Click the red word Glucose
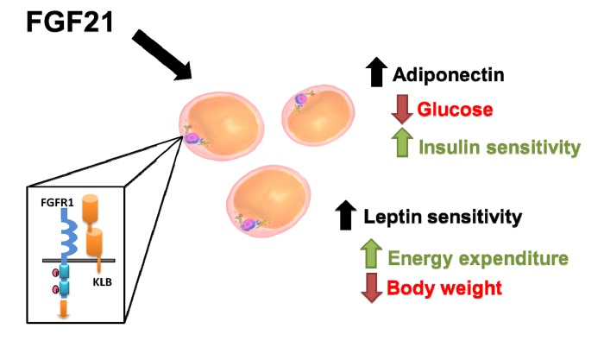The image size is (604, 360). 455,110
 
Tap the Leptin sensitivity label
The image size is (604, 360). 442,217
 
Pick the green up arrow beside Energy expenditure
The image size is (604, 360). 370,255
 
